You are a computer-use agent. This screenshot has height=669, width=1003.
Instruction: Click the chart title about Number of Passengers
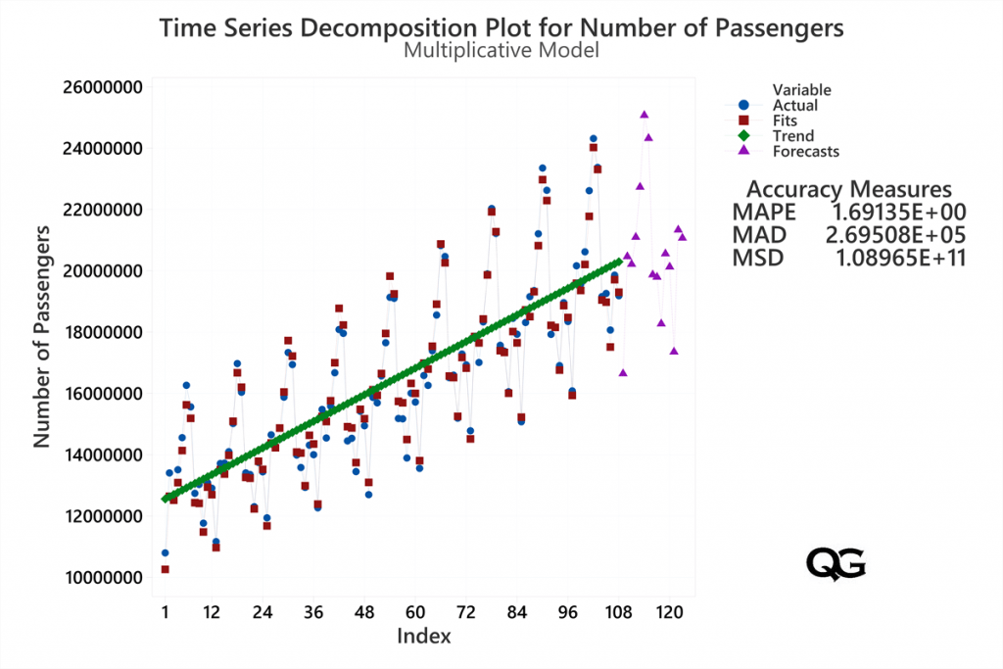(x=501, y=27)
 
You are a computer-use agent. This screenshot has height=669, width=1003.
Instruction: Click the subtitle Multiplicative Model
(x=501, y=50)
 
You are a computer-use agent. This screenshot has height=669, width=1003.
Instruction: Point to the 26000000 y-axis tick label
(x=103, y=87)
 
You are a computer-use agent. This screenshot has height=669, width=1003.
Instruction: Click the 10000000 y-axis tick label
(x=103, y=577)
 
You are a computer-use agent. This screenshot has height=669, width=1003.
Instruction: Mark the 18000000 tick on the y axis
(x=103, y=332)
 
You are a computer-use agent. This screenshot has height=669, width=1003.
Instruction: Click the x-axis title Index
(x=423, y=637)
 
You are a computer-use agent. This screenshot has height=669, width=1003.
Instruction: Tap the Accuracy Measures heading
(x=848, y=189)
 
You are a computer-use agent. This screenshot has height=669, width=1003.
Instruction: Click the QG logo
(x=836, y=562)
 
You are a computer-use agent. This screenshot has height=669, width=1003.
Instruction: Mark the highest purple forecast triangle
(x=644, y=115)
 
